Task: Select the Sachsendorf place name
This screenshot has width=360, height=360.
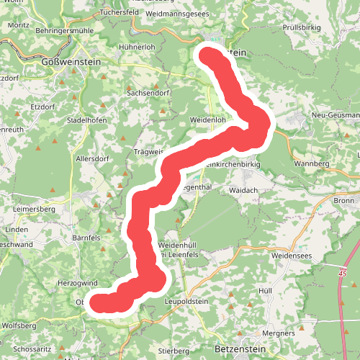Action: (x=146, y=94)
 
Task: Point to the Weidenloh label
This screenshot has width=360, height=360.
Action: (x=208, y=120)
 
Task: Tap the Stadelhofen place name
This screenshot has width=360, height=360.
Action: (x=87, y=120)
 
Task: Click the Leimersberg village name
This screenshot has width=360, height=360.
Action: (x=34, y=209)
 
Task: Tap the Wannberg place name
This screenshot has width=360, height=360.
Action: (x=311, y=164)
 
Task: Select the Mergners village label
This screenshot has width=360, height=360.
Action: (x=279, y=333)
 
